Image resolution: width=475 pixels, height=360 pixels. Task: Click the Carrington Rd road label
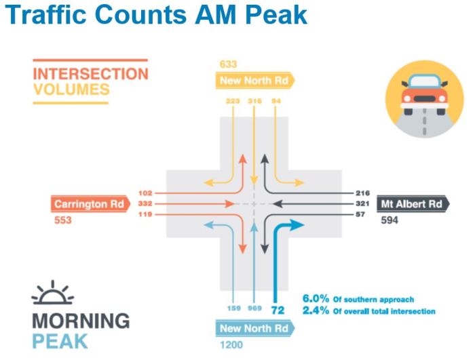(x=89, y=203)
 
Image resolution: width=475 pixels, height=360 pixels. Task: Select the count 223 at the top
(x=232, y=101)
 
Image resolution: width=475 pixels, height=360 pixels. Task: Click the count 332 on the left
(x=143, y=203)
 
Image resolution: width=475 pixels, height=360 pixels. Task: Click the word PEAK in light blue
(x=60, y=339)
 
